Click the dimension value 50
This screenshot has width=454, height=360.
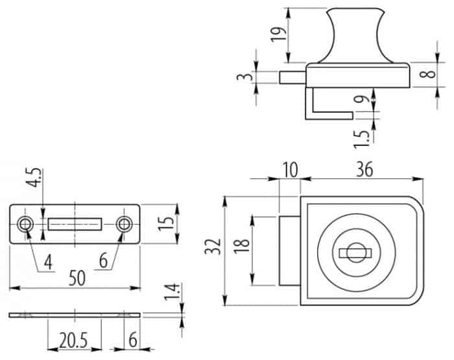coord(77,278)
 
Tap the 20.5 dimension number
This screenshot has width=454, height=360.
coord(73,340)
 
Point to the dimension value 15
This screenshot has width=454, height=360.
coord(166,224)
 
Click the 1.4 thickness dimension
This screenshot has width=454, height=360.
coord(171,292)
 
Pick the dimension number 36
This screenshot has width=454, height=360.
coord(364,169)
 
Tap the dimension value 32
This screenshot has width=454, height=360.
coord(213,246)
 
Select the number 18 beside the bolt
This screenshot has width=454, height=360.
coord(242,246)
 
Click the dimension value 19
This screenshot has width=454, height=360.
coord(278,34)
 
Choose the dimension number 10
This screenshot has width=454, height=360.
coord(290,170)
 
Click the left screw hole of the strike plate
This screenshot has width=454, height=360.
coord(25,224)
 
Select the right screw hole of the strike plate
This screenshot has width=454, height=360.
coord(125,224)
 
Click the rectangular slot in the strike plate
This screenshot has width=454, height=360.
coord(75,224)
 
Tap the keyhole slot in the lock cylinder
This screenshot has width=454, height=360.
coord(355,254)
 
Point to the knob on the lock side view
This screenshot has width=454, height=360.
coord(356,35)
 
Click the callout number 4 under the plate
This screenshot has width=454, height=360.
coord(49,263)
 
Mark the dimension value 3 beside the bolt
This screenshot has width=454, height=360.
coord(245,77)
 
